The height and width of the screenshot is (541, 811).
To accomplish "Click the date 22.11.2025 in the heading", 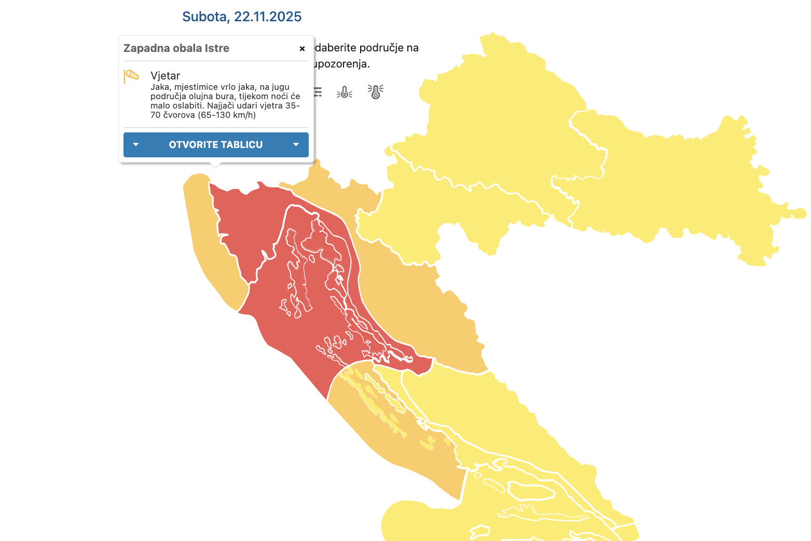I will [268, 17].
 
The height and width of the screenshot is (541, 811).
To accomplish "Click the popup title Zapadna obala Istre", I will [176, 48].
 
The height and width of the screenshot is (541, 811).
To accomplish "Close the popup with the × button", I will [302, 49].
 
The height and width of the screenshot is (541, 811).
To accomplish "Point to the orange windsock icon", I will [131, 76].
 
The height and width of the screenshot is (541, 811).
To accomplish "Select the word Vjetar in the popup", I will [165, 76].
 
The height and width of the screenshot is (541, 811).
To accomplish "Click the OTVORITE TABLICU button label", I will [216, 145].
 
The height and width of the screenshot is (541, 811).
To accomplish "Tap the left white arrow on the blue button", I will [136, 145].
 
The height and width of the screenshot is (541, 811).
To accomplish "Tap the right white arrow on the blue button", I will [296, 145].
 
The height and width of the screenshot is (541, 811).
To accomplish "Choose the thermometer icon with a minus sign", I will [345, 92].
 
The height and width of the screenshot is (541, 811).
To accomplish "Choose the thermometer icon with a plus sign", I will [376, 92].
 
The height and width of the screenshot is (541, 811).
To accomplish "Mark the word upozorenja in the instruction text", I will [342, 64].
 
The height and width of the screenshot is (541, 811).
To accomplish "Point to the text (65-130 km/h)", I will [227, 115].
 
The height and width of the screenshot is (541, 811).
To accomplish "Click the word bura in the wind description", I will [225, 97].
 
